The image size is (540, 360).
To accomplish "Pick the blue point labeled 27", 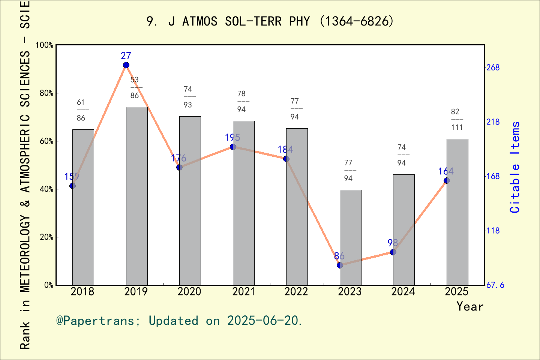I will click(126, 65).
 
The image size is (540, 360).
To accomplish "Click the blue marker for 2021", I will click(233, 147).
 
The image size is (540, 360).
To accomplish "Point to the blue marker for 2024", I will click(393, 252).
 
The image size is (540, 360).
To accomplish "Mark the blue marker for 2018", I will click(72, 186).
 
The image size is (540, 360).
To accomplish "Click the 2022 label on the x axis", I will click(296, 292).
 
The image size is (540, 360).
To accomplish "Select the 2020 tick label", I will click(189, 292).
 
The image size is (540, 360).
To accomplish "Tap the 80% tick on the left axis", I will click(46, 93).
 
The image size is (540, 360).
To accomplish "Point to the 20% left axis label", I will click(46, 237).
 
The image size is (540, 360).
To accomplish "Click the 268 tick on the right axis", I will click(493, 67).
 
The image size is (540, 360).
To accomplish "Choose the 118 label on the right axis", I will click(493, 231).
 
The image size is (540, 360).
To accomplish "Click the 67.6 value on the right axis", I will click(495, 285).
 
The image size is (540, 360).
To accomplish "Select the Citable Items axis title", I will click(515, 167).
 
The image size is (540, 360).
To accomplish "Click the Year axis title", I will click(470, 307).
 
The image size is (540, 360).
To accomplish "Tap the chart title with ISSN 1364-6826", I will click(270, 21).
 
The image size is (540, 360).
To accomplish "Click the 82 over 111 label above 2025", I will click(457, 120).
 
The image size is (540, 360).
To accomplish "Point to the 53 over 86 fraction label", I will click(135, 88).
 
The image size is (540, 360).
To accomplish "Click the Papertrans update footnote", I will click(179, 321).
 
